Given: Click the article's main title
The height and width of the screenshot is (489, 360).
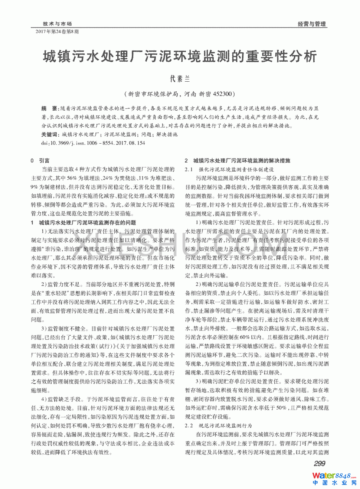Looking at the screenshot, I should point(180,56).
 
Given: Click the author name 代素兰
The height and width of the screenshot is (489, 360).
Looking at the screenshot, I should point(180,79).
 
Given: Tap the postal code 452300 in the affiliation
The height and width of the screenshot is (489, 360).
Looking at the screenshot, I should point(222,94).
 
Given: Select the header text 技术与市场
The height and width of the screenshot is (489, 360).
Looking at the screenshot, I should point(57,23).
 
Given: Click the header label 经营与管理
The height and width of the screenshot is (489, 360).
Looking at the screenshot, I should point(311,24).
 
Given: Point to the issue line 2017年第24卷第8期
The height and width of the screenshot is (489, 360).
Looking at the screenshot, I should point(57,32).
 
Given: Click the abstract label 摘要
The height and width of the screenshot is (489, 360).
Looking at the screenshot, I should point(49,108).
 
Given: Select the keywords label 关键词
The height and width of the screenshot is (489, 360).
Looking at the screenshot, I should point(49,134).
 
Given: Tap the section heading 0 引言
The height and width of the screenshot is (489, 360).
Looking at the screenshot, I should point(40,160).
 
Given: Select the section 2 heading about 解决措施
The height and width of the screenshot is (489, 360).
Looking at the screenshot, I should point(238,160).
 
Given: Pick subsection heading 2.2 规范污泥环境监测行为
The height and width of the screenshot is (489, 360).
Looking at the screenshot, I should point(219,426).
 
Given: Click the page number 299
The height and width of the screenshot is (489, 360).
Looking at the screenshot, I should point(319,463).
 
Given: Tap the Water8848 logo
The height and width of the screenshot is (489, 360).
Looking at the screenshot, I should point(334,476).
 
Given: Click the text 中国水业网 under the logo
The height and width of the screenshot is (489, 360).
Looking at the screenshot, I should point(334,483).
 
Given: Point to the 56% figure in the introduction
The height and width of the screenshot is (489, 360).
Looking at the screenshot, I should point(72,178).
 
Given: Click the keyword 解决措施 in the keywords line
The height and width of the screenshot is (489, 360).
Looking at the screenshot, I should point(167,134).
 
